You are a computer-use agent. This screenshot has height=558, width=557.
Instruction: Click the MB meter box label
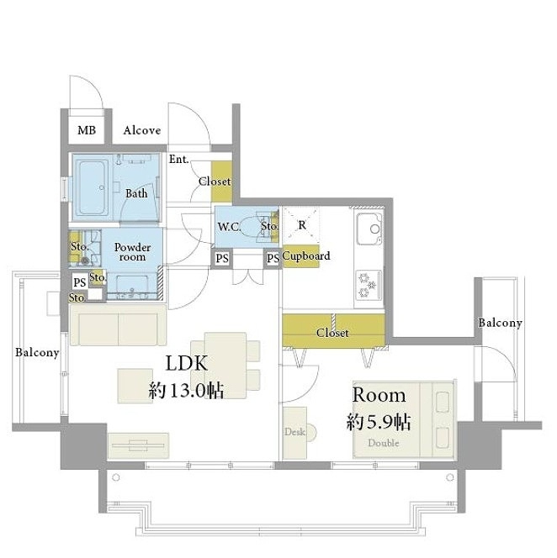(x=87, y=130)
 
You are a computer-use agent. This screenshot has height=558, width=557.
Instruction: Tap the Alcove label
(x=142, y=130)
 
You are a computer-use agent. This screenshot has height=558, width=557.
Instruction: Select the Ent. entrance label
(x=178, y=159)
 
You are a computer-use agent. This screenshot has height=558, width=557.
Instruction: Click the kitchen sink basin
(x=369, y=229)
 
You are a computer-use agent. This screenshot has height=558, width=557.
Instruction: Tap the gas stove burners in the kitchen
(x=369, y=285)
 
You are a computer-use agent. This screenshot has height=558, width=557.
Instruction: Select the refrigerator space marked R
(x=301, y=225)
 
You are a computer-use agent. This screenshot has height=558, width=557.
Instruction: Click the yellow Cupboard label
(x=305, y=255)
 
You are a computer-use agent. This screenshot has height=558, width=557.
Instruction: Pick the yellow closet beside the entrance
(x=221, y=181)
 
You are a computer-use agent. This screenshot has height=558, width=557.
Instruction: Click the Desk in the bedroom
(x=294, y=433)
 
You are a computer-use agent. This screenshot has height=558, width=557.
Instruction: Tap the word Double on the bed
(x=384, y=443)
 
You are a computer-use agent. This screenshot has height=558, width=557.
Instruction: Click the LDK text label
(x=187, y=363)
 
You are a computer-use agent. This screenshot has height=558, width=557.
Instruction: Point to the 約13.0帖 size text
(x=186, y=391)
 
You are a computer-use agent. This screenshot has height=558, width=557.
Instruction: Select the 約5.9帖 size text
(x=379, y=422)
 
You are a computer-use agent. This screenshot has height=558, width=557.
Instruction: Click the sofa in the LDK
(x=119, y=324)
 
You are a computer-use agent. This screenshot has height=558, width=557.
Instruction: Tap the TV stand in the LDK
(x=138, y=445)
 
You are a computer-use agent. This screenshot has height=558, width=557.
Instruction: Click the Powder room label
(x=133, y=252)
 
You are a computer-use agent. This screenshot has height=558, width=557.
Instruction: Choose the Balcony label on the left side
(x=37, y=353)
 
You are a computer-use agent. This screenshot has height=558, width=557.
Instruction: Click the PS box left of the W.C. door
(x=222, y=258)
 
